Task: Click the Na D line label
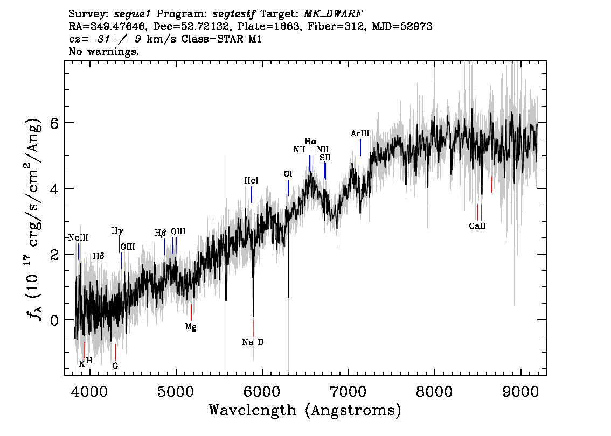(x=253, y=342)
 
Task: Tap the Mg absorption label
(x=191, y=327)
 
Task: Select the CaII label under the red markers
(x=477, y=226)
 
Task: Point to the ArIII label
(x=360, y=133)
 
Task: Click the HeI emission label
(x=251, y=181)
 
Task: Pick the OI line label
(x=288, y=174)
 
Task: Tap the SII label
(x=325, y=158)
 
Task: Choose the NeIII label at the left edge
(x=78, y=237)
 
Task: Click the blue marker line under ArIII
(x=360, y=147)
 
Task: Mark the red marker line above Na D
(x=253, y=328)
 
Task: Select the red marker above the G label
(x=116, y=353)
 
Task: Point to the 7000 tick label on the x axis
(x=348, y=391)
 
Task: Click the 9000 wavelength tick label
(x=520, y=391)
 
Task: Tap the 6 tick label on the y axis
(x=54, y=123)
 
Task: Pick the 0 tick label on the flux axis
(x=54, y=320)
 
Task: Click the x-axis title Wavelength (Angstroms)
(x=305, y=410)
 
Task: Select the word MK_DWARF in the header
(x=333, y=13)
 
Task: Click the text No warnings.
(x=103, y=51)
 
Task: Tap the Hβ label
(x=160, y=233)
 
